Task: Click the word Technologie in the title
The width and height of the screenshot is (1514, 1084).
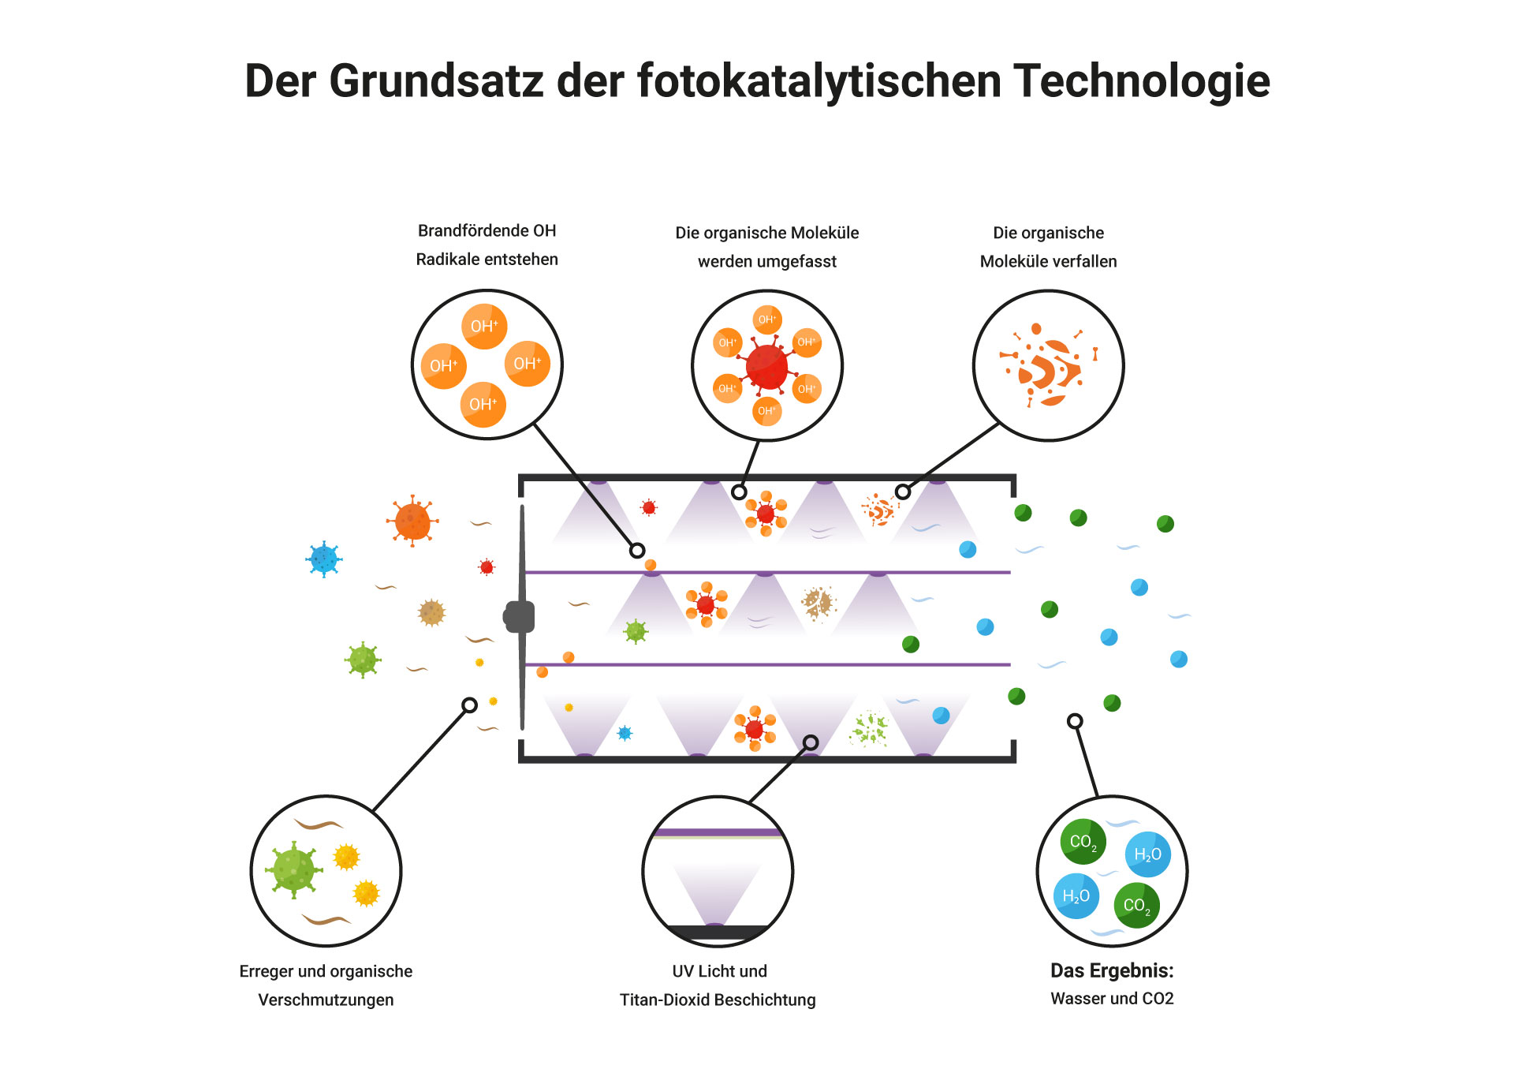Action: pos(1141,81)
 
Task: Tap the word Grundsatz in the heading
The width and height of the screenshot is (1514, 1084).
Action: pos(436,81)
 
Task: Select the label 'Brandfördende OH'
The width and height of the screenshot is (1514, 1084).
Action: pos(487,230)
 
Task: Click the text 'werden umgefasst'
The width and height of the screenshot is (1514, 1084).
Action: pos(766,261)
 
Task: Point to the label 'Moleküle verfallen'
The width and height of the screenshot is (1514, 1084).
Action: pos(1048,261)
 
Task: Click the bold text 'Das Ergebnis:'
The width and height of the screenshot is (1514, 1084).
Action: pos(1111,970)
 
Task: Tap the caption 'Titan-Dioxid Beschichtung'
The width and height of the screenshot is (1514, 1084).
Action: pos(718,1000)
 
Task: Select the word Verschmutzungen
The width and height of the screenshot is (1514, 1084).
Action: pos(326,1000)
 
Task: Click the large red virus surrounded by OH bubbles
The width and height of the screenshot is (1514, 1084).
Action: pos(766,367)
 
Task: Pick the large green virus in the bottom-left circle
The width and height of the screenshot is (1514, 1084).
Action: pos(293,869)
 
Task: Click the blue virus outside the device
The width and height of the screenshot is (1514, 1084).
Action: pos(324,559)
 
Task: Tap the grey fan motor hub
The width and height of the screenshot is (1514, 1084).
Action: pos(520,616)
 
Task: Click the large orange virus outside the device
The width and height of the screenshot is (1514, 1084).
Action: pos(412,521)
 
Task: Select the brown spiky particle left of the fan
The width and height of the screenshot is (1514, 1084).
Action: pos(431,612)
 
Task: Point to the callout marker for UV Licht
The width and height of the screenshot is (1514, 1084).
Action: pos(811,742)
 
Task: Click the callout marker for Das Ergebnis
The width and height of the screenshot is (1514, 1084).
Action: pos(1075,721)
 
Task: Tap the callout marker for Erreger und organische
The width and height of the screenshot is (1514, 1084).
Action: pos(469,705)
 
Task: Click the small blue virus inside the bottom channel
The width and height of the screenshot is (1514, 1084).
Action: pos(625,733)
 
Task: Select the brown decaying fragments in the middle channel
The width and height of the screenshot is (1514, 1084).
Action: pos(818,604)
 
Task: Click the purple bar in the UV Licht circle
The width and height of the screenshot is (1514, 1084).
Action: pos(718,832)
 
